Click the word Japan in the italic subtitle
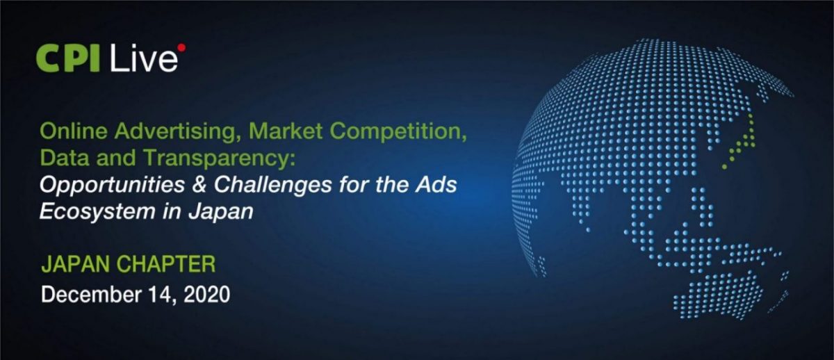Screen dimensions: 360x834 (225, 212)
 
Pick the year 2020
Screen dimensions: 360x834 (207, 295)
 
